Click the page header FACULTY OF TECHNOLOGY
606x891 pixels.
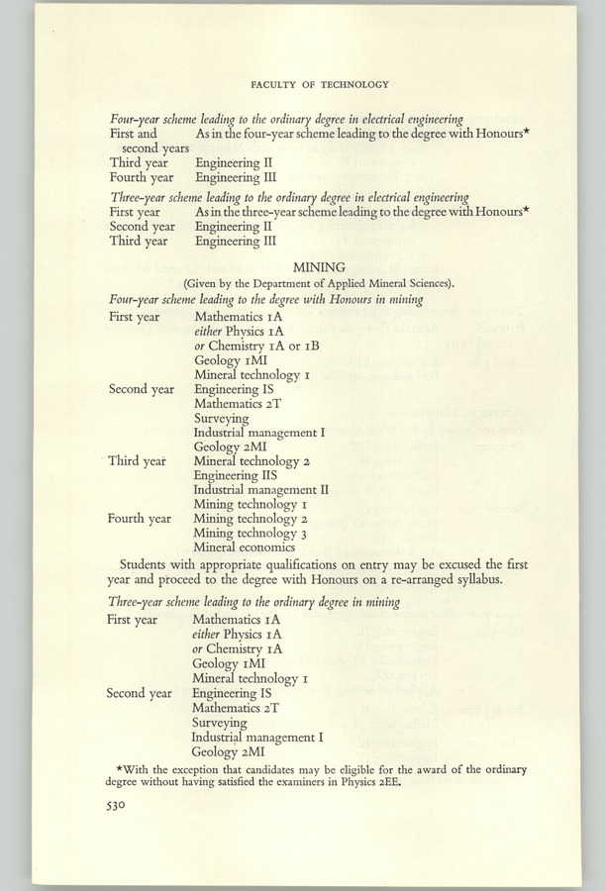point(320,84)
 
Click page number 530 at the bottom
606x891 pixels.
point(121,806)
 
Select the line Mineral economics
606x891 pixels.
point(245,545)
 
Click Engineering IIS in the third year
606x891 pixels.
point(237,475)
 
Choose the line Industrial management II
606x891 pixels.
point(260,489)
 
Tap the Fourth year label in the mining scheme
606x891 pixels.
point(139,518)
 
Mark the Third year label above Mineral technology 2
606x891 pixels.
point(138,461)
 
